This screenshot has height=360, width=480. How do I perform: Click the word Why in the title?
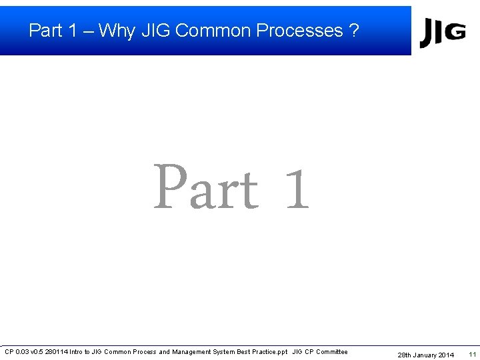(x=117, y=31)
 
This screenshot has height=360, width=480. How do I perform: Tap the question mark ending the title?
(x=353, y=31)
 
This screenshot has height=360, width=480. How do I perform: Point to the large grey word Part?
(x=206, y=188)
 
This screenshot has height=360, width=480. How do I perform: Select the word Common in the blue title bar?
(x=213, y=31)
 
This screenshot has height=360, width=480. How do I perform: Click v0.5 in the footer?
(x=37, y=352)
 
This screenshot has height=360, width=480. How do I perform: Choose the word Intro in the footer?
(x=77, y=352)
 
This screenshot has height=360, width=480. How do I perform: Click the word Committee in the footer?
(x=331, y=352)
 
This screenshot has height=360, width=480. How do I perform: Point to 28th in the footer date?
(x=405, y=355)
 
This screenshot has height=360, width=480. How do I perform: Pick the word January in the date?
(x=425, y=355)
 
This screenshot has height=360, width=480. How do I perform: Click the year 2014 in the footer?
(x=447, y=355)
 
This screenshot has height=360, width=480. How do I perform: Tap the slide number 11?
(x=472, y=354)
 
